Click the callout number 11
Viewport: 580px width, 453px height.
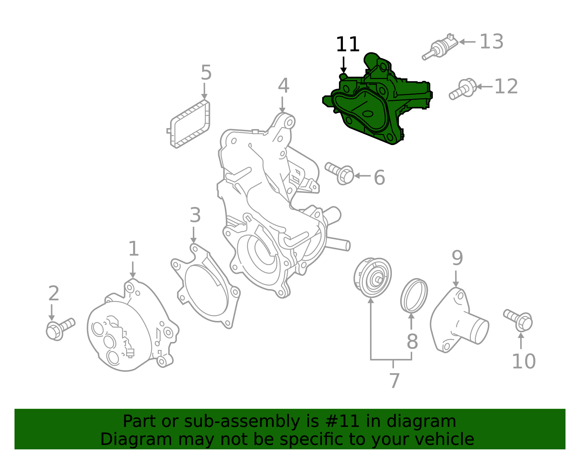347,45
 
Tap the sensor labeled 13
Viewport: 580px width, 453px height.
440,47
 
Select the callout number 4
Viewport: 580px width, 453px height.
283,86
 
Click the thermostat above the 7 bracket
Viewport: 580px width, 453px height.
373,277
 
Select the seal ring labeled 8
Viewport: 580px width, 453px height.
414,296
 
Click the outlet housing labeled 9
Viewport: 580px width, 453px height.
459,321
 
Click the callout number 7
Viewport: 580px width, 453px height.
394,381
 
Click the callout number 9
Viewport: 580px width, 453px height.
457,258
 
